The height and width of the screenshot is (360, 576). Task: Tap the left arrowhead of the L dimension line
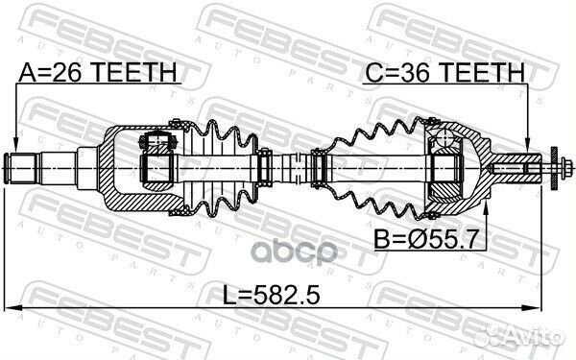point(12,307)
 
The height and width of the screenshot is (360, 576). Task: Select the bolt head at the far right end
point(557,171)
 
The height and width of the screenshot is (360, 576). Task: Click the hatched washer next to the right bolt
point(545,171)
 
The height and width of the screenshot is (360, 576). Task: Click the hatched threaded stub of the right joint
point(509,171)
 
